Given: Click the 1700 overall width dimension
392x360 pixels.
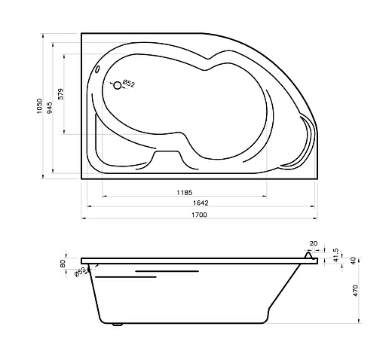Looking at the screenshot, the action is (x=199, y=215).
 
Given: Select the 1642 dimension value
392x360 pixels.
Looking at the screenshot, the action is (x=201, y=203).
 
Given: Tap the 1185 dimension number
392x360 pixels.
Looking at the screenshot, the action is (x=185, y=193).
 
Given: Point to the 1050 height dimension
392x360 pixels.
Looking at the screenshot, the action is (x=40, y=106).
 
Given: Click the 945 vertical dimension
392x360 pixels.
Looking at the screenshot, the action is (x=50, y=108).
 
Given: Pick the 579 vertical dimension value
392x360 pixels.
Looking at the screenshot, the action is (x=61, y=94).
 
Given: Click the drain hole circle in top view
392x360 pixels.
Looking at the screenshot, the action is (x=117, y=86).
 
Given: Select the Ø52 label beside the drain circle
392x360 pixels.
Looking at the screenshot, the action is (x=129, y=84).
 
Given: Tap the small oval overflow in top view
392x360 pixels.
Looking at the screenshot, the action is (x=98, y=69).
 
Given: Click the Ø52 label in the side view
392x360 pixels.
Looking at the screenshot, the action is (x=81, y=272).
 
